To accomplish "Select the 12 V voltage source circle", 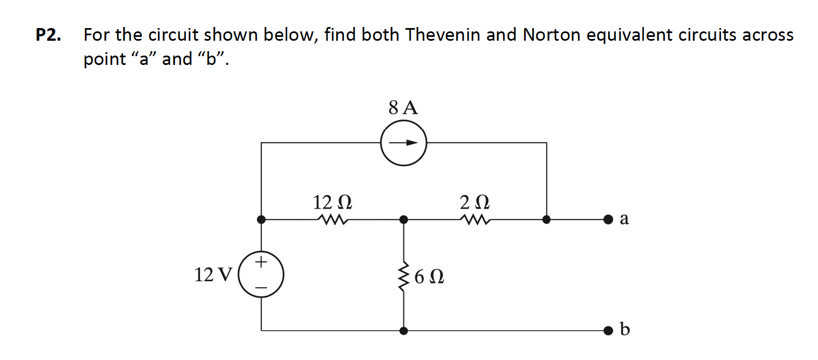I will pos(261,274).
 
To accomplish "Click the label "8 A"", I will pos(403,107).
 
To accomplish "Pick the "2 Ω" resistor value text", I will pos(475,202).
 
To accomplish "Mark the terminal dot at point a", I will pos(607,220).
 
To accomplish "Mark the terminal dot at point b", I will pos(607,331).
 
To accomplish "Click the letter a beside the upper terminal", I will pos(624,219).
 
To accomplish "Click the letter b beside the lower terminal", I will pos(624,329).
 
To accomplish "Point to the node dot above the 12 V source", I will pos(261,220).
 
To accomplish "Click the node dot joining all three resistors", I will pos(404,220).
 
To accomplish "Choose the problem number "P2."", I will pos(48,35).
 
